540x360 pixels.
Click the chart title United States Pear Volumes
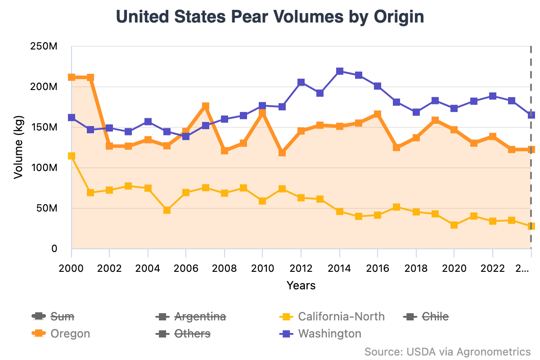point(270,17)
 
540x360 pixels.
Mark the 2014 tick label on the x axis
point(339,269)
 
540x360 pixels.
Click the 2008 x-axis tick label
point(225,269)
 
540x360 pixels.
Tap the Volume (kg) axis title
point(18,148)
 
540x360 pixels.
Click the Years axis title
point(301,285)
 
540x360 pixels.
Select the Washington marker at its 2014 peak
point(340,72)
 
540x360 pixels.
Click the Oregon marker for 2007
point(206,106)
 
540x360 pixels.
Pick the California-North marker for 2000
point(72,156)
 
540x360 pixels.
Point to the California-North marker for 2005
point(167,210)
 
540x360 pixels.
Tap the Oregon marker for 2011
point(282,153)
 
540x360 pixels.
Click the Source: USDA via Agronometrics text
point(447,351)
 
